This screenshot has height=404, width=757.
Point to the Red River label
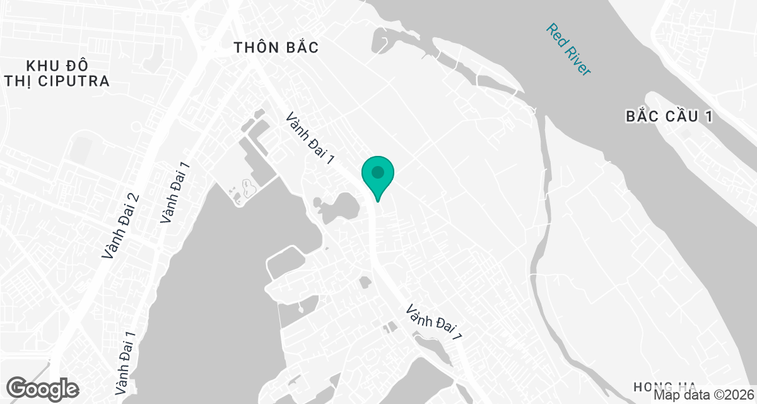pos(568,50)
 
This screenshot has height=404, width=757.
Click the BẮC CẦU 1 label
pos(669,117)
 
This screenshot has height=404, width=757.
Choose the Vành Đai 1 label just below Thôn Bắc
pos(310,140)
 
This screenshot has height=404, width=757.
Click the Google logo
pos(43,388)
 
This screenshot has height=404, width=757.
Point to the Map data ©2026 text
pos(703,395)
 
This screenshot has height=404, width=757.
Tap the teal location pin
pos(377,173)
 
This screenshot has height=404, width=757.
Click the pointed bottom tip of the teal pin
pos(377,201)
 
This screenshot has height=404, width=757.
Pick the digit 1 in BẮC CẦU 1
pos(708,117)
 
